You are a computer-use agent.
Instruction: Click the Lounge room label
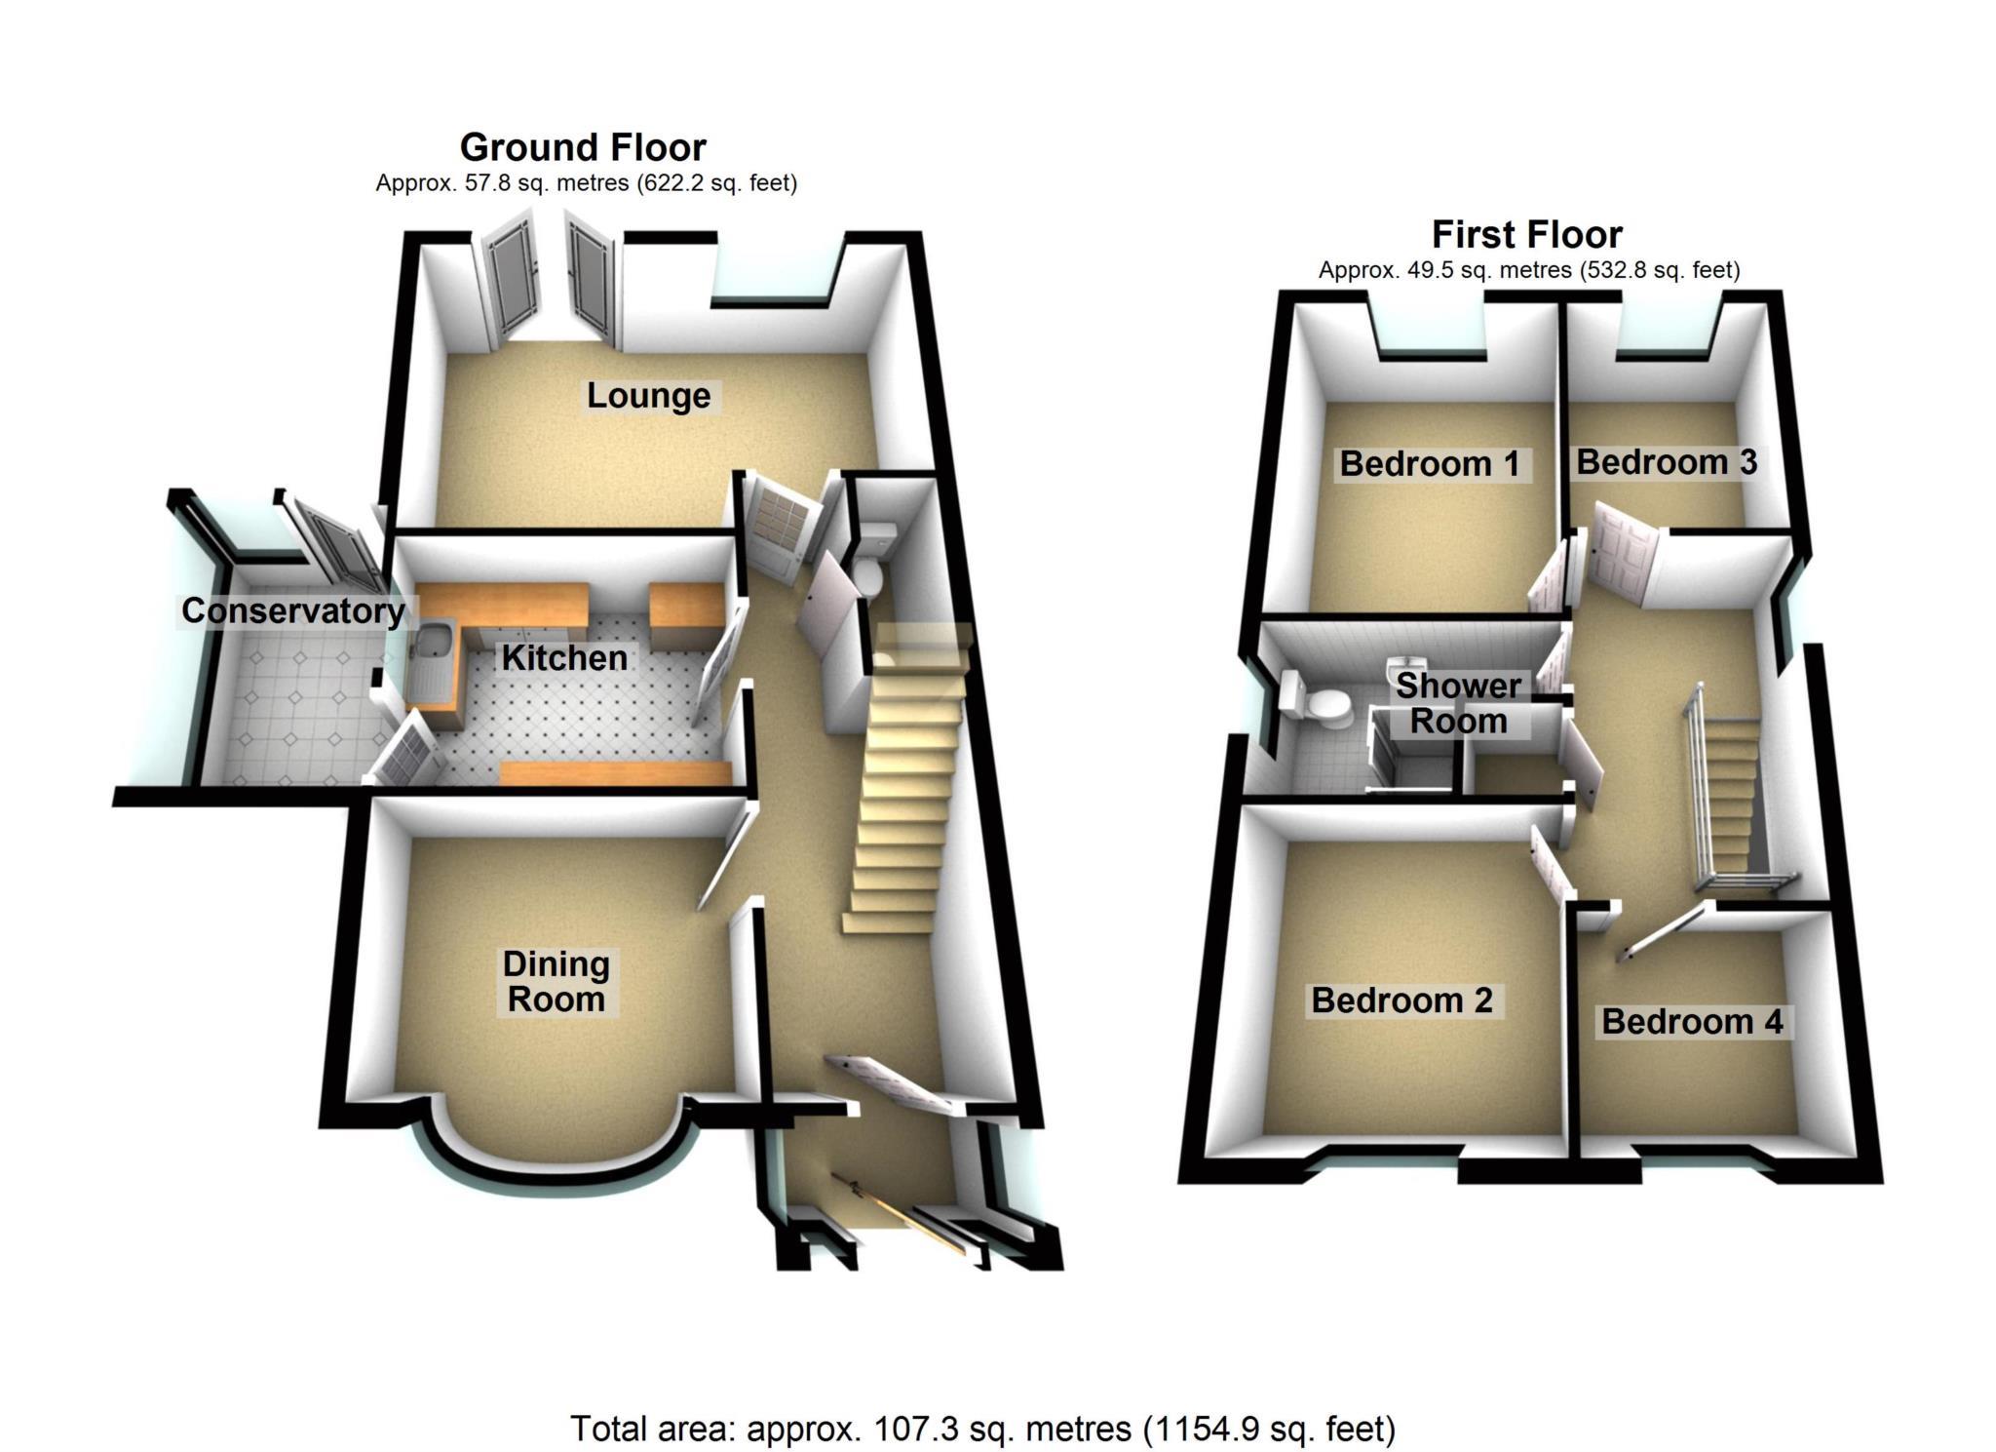(648, 396)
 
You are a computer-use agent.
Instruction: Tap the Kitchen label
(563, 658)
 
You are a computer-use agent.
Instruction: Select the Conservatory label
(292, 611)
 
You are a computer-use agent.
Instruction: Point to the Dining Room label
(556, 981)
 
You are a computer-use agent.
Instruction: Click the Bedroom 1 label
(1429, 464)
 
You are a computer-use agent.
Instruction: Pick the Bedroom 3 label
(1666, 462)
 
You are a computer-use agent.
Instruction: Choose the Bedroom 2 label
(1401, 1001)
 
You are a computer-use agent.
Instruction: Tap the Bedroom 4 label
(1692, 1022)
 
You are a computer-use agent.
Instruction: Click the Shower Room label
(1458, 703)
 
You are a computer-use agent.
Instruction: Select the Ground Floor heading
(583, 147)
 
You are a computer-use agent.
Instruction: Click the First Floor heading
(1526, 235)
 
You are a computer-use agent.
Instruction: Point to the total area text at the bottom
(982, 1429)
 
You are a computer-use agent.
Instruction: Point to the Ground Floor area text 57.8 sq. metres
(586, 183)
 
